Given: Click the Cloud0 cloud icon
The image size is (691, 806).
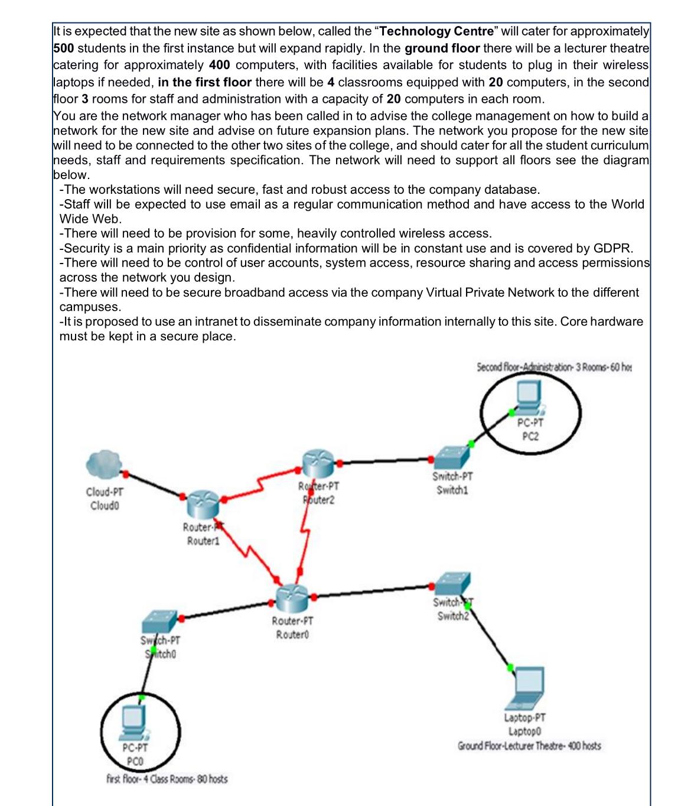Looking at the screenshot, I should [x=103, y=464].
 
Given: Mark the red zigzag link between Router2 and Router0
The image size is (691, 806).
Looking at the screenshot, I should [x=305, y=532].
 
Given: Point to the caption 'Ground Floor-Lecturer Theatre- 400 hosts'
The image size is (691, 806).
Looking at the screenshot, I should [x=529, y=746].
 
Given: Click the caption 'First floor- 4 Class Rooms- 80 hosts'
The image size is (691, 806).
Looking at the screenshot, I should [x=167, y=779].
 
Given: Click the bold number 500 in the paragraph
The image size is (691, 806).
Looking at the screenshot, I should [x=64, y=48].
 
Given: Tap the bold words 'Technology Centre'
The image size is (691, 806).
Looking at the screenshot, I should [x=436, y=31].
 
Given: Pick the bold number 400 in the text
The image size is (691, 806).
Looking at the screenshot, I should [x=219, y=65].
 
